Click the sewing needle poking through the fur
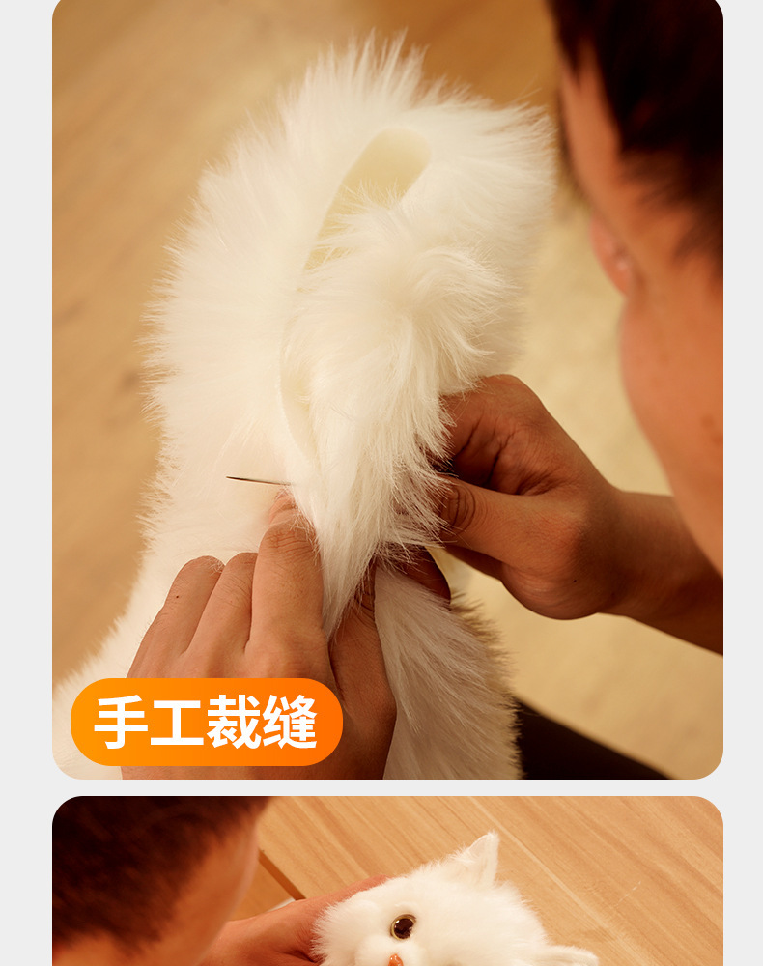255,480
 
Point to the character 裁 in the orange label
232,722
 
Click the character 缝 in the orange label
289,722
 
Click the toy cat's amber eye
403,926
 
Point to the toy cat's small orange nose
395,960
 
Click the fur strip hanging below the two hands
444,676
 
